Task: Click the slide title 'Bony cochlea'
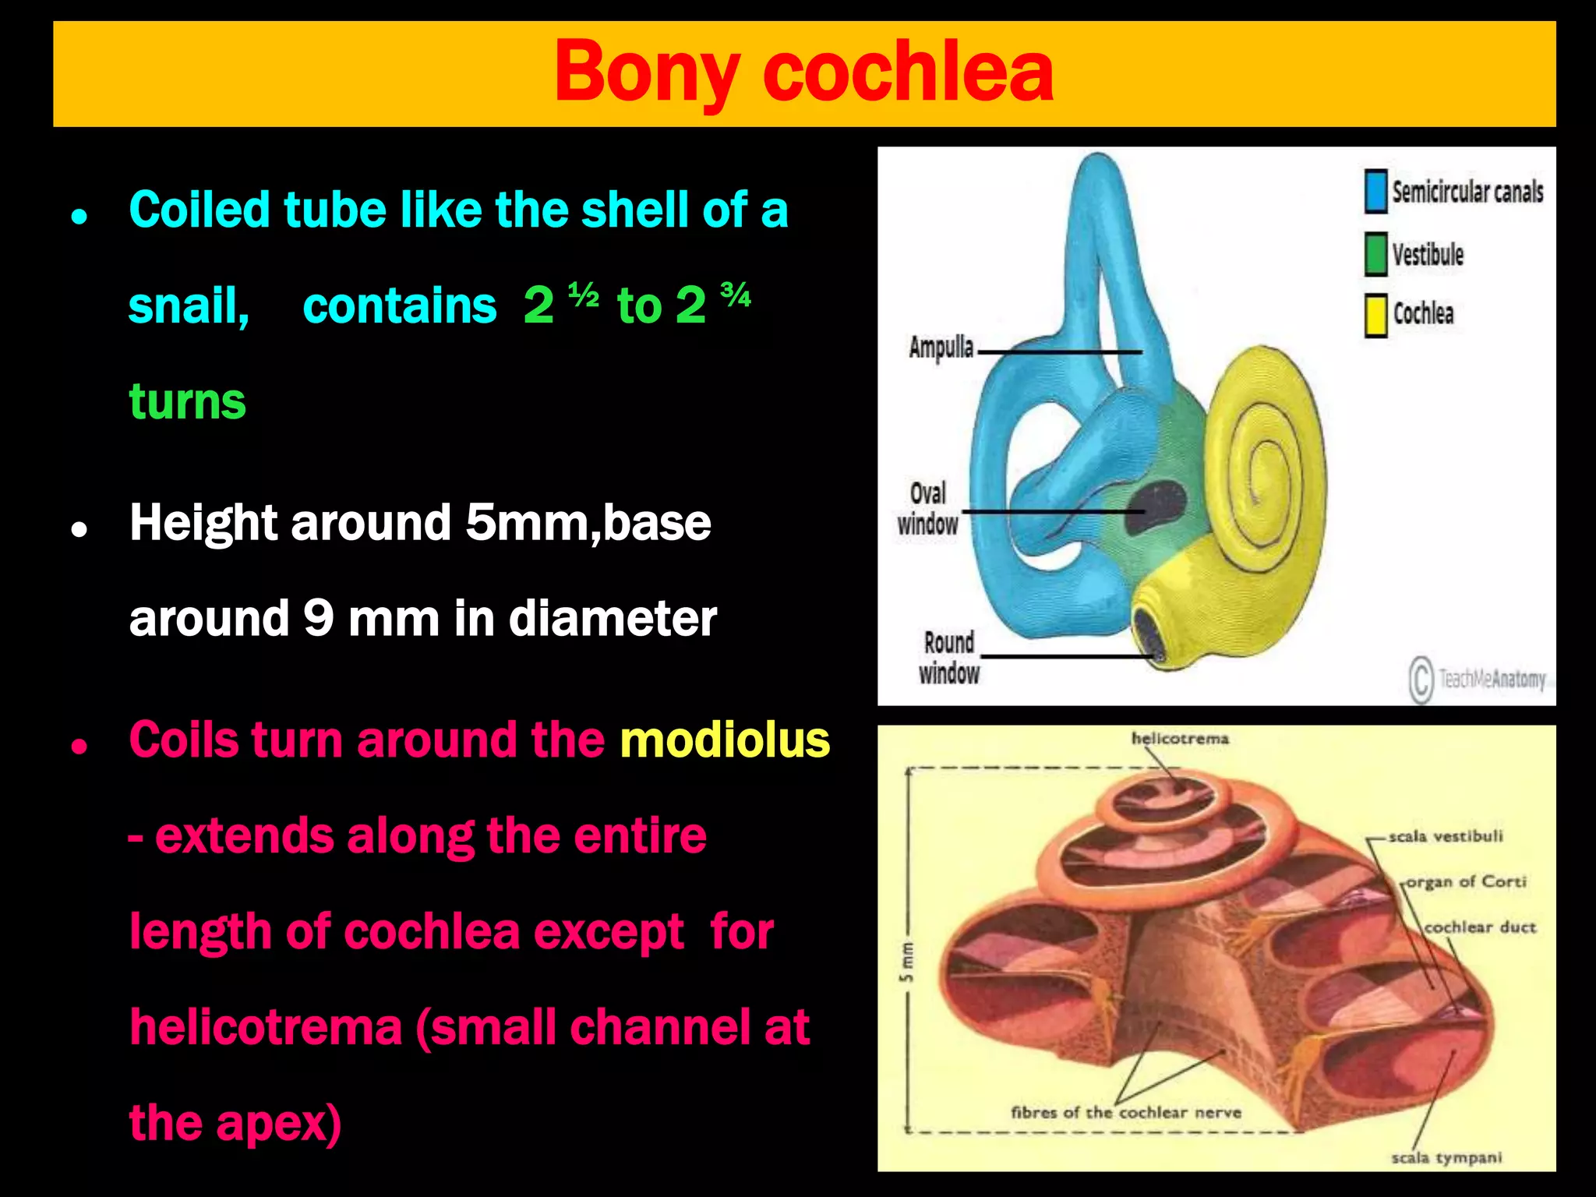pyautogui.click(x=803, y=72)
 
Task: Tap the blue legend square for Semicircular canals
pyautogui.click(x=1376, y=191)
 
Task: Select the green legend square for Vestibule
pyautogui.click(x=1376, y=254)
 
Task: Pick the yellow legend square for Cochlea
pyautogui.click(x=1376, y=315)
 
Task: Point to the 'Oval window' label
pyautogui.click(x=927, y=509)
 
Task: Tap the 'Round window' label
pyautogui.click(x=949, y=658)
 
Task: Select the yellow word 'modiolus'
pyautogui.click(x=725, y=740)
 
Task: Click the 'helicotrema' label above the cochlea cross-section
pyautogui.click(x=1180, y=738)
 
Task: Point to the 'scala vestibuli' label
pyautogui.click(x=1445, y=836)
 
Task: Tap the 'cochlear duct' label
pyautogui.click(x=1479, y=927)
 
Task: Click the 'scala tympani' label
pyautogui.click(x=1446, y=1157)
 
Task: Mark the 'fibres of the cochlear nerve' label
pyautogui.click(x=1125, y=1112)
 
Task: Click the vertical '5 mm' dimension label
pyautogui.click(x=907, y=963)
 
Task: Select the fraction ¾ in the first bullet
pyautogui.click(x=736, y=295)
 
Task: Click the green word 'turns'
pyautogui.click(x=187, y=402)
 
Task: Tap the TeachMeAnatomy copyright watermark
pyautogui.click(x=1478, y=680)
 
